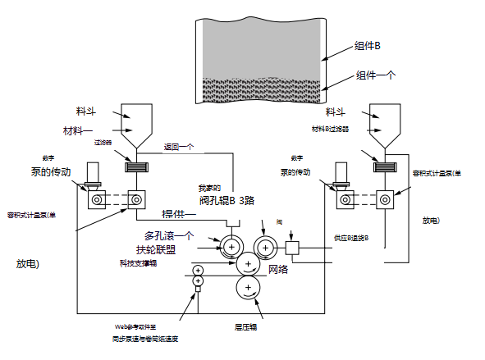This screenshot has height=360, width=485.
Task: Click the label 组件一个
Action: tap(377, 75)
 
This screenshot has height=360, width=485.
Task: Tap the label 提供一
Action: tap(179, 214)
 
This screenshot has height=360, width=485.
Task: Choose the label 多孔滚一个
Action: tap(168, 236)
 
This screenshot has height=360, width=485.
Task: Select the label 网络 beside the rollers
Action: tap(278, 269)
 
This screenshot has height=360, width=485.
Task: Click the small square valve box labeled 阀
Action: tap(294, 246)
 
